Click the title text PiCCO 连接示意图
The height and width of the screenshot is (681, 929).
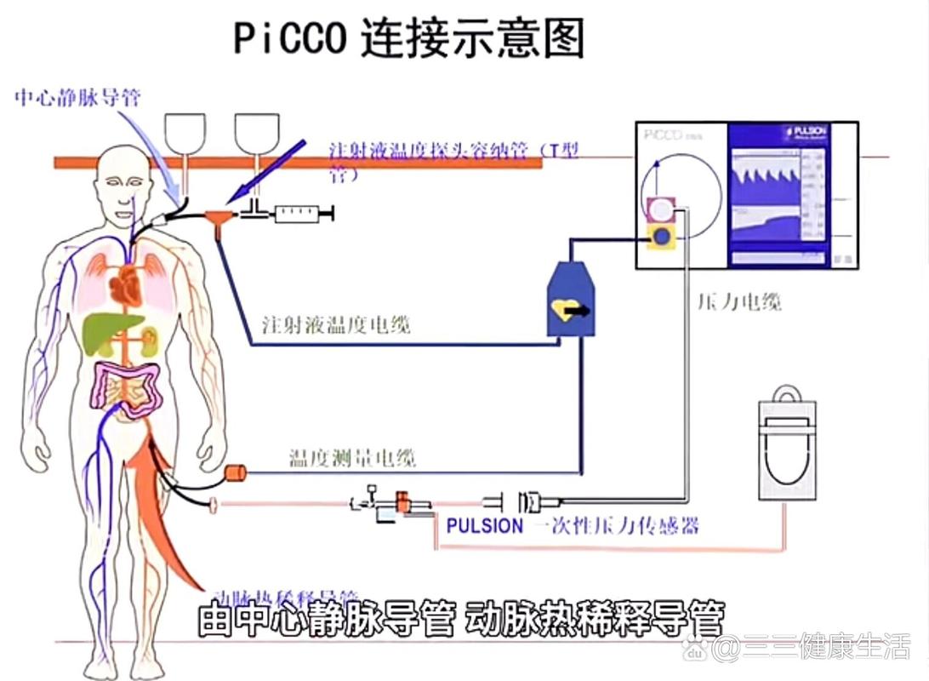(408, 38)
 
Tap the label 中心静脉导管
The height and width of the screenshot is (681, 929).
(77, 98)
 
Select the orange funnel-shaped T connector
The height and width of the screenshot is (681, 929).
(221, 220)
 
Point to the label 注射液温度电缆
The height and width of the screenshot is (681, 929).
(336, 324)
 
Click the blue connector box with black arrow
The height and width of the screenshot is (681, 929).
(569, 302)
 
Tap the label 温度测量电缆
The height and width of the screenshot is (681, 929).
(352, 460)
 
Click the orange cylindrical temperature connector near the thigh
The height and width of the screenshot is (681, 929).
(234, 472)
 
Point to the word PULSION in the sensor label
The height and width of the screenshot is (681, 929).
(485, 525)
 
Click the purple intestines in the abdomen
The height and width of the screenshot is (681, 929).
(128, 387)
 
